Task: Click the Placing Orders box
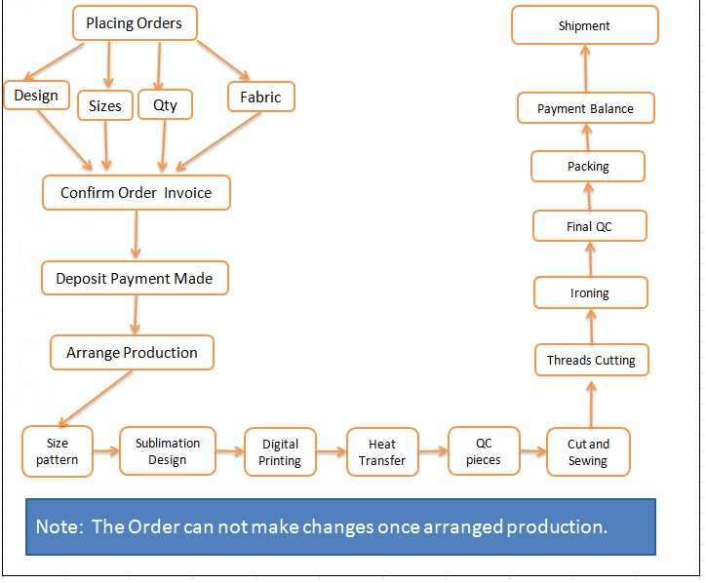click(135, 23)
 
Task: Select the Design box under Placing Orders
click(36, 95)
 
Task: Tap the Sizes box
click(105, 105)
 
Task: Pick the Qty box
click(165, 104)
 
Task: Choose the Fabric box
click(261, 97)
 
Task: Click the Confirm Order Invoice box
click(137, 193)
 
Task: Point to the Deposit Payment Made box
click(135, 278)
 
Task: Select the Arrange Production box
click(132, 353)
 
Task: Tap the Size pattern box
click(58, 451)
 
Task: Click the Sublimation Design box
click(168, 451)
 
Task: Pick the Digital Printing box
click(280, 452)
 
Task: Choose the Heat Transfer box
click(382, 452)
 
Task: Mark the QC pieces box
click(484, 451)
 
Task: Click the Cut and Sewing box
click(588, 452)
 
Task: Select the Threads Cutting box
click(592, 360)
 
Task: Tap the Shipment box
click(585, 25)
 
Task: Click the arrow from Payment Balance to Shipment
click(585, 68)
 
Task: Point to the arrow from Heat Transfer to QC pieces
click(433, 451)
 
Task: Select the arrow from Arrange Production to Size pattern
click(96, 398)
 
